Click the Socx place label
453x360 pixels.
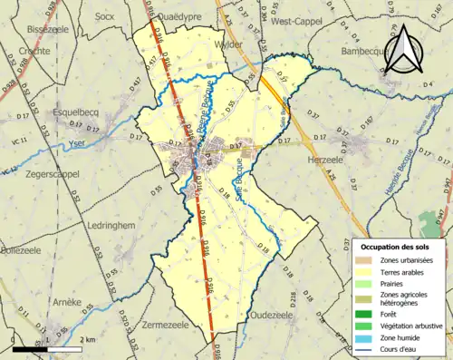(x=106, y=15)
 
